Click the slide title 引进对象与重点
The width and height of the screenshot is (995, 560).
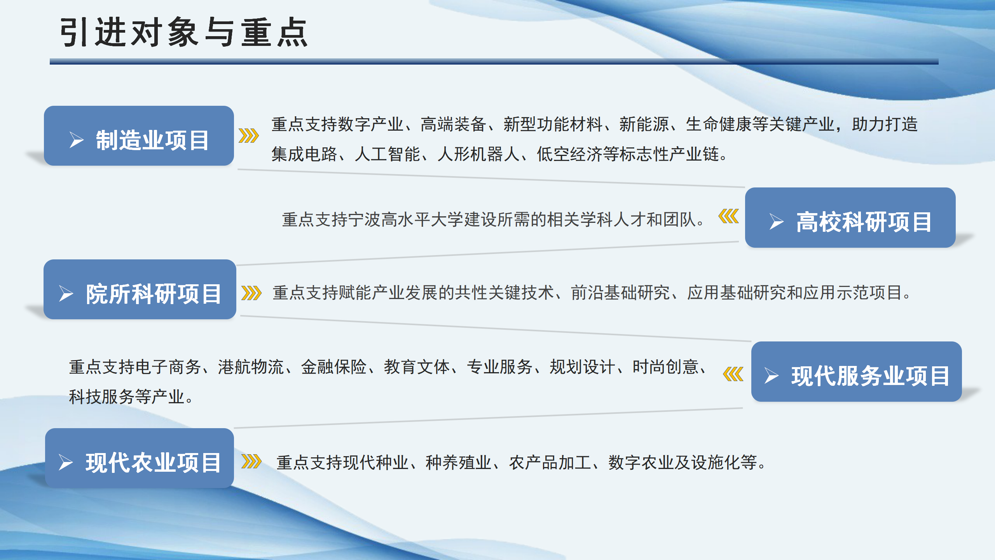[x=184, y=33]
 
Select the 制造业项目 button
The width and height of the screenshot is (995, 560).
[x=139, y=136]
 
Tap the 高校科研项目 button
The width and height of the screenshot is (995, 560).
[x=850, y=218]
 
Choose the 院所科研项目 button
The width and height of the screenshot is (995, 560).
[x=140, y=289]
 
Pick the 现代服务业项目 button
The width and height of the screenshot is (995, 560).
[x=856, y=372]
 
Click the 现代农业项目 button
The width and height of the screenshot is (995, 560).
[x=140, y=458]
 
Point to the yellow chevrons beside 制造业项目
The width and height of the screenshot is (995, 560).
[x=249, y=136]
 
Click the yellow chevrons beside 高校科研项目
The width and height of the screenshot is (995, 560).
[x=728, y=216]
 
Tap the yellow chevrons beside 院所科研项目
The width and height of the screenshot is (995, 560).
[x=251, y=293]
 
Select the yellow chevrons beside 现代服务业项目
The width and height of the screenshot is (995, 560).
[x=733, y=374]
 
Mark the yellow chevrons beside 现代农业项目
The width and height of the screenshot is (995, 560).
[x=251, y=462]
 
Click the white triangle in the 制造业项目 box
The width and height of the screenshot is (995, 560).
[x=77, y=140]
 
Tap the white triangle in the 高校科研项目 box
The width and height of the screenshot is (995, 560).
[x=776, y=222]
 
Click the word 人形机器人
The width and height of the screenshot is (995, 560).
[x=478, y=154]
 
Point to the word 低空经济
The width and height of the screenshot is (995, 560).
[x=570, y=154]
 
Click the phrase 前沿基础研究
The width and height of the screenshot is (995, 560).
[x=620, y=293]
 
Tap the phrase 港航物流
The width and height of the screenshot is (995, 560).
[x=251, y=367]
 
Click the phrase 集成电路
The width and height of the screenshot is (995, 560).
[x=304, y=154]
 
